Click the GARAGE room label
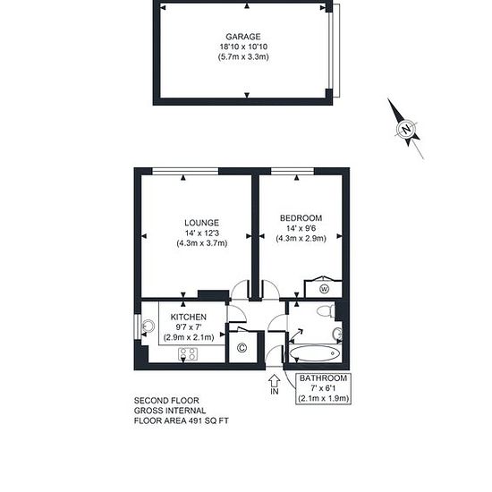(243, 37)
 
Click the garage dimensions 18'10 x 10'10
(243, 47)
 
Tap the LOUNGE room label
(202, 223)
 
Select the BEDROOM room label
(301, 217)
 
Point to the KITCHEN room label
(188, 317)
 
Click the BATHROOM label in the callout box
(323, 378)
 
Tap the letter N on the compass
(406, 129)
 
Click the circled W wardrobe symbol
(324, 289)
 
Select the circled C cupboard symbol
(242, 348)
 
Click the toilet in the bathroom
(326, 310)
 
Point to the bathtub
(314, 353)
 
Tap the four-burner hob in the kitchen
(188, 354)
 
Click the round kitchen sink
(148, 327)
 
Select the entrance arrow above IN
(275, 380)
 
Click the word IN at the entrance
(275, 391)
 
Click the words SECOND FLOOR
(166, 401)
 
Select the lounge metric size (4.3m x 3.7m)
(202, 243)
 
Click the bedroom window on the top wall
(293, 171)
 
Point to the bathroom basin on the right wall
(337, 335)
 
